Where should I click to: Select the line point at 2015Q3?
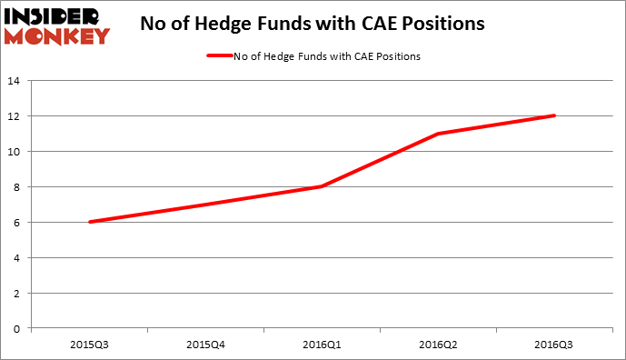coord(90,222)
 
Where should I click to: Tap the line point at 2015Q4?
coord(206,205)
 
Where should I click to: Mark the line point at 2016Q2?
coord(439,134)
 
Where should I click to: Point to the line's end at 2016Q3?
coord(554,115)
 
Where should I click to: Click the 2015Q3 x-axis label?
coord(90,344)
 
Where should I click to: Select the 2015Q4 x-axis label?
coord(206,344)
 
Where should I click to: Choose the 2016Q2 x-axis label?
coord(439,344)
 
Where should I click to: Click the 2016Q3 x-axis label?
coord(554,344)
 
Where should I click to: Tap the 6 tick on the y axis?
coord(16,223)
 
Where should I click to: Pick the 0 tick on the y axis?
coord(16,329)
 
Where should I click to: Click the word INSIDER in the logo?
coord(57,16)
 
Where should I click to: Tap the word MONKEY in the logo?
coord(57,36)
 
